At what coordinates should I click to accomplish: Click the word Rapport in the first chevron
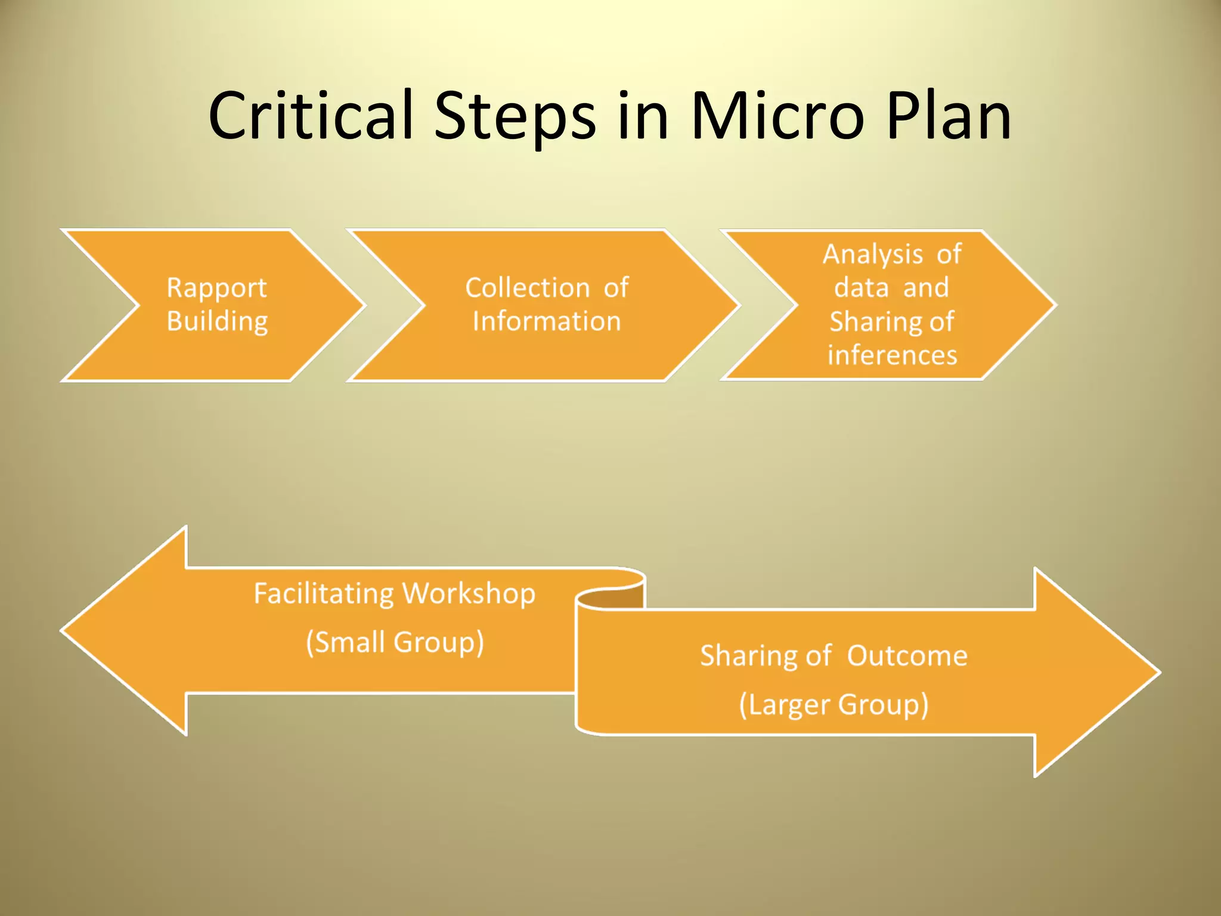(216, 288)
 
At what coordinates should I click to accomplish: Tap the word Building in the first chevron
(217, 321)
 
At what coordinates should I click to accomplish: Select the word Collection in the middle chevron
(527, 288)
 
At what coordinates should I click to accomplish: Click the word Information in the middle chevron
(546, 321)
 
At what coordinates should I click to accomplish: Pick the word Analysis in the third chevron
(872, 255)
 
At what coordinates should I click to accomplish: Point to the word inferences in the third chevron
(892, 355)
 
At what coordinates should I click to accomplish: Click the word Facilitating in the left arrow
(324, 594)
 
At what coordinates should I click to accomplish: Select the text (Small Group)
(395, 643)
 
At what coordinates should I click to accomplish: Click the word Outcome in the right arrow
(907, 656)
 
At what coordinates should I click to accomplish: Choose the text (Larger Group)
(833, 705)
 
